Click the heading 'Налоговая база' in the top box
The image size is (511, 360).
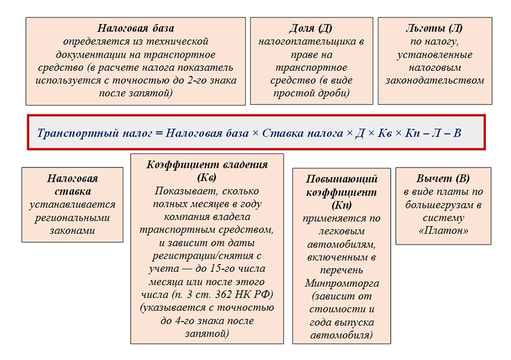coord(135,28)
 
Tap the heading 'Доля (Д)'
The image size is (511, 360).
coord(311,28)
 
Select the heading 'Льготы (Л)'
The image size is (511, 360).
coord(434,28)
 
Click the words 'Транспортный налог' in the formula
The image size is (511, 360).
coord(94,133)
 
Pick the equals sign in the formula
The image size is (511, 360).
coord(159,133)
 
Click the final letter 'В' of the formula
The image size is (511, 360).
coord(457,133)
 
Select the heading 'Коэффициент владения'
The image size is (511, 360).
coord(207,165)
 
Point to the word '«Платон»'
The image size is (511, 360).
coord(439,231)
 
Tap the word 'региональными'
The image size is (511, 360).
coord(72,217)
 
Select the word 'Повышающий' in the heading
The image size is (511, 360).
coord(341,179)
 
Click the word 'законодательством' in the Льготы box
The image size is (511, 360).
coord(434,80)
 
